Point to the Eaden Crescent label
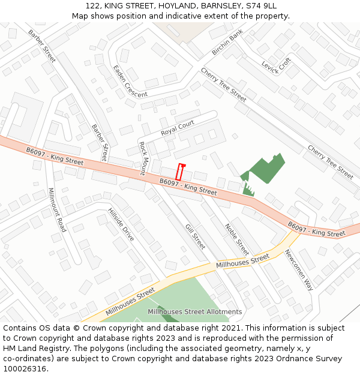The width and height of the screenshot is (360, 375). click(x=130, y=82)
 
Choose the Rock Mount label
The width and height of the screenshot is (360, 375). click(x=143, y=158)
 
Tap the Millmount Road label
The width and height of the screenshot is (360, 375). click(x=57, y=210)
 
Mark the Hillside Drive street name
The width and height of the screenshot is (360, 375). click(x=121, y=224)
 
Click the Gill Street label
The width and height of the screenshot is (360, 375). click(x=196, y=236)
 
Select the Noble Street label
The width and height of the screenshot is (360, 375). click(x=237, y=239)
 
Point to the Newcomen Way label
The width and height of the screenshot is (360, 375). click(x=298, y=269)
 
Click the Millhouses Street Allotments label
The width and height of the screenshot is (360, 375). click(x=195, y=311)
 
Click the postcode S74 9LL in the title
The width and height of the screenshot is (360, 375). click(x=261, y=5)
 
